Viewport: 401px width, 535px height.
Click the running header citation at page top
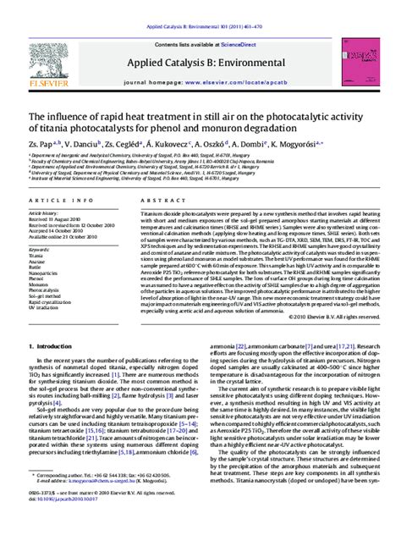[x=200, y=6]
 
